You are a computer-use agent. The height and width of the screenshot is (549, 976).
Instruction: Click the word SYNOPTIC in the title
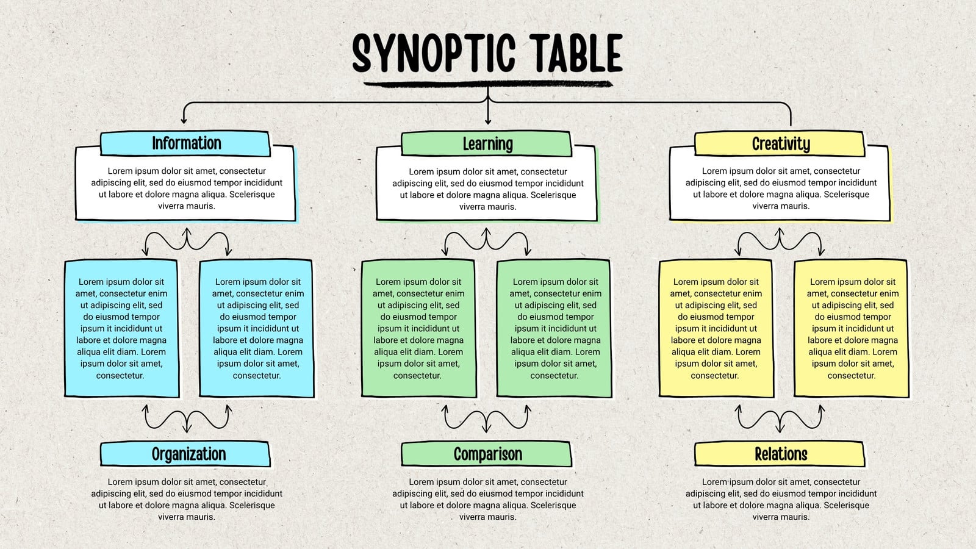tap(434, 52)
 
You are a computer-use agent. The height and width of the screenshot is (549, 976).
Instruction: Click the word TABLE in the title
tap(576, 52)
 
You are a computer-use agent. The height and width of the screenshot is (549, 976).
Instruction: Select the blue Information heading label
tap(185, 143)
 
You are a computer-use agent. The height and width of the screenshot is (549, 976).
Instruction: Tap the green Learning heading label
tap(486, 144)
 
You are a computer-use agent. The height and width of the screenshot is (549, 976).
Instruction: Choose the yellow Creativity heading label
tap(780, 143)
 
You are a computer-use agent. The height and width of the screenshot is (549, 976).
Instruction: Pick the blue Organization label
tap(185, 454)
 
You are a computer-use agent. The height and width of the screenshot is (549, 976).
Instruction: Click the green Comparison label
tap(486, 454)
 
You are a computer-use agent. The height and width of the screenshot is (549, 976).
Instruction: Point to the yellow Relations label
tap(780, 454)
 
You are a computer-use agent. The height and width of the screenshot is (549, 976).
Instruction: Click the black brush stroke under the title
tap(488, 84)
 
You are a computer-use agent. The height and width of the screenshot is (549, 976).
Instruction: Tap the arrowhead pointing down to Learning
tap(488, 121)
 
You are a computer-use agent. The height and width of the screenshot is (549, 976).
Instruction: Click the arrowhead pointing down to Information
tap(184, 120)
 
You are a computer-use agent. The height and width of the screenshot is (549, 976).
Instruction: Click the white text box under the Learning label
tap(487, 184)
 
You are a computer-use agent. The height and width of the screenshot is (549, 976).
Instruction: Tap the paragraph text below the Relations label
tap(781, 500)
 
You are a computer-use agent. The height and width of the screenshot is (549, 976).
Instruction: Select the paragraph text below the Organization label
tap(187, 500)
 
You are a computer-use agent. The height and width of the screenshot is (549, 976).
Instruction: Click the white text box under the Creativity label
tap(780, 184)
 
